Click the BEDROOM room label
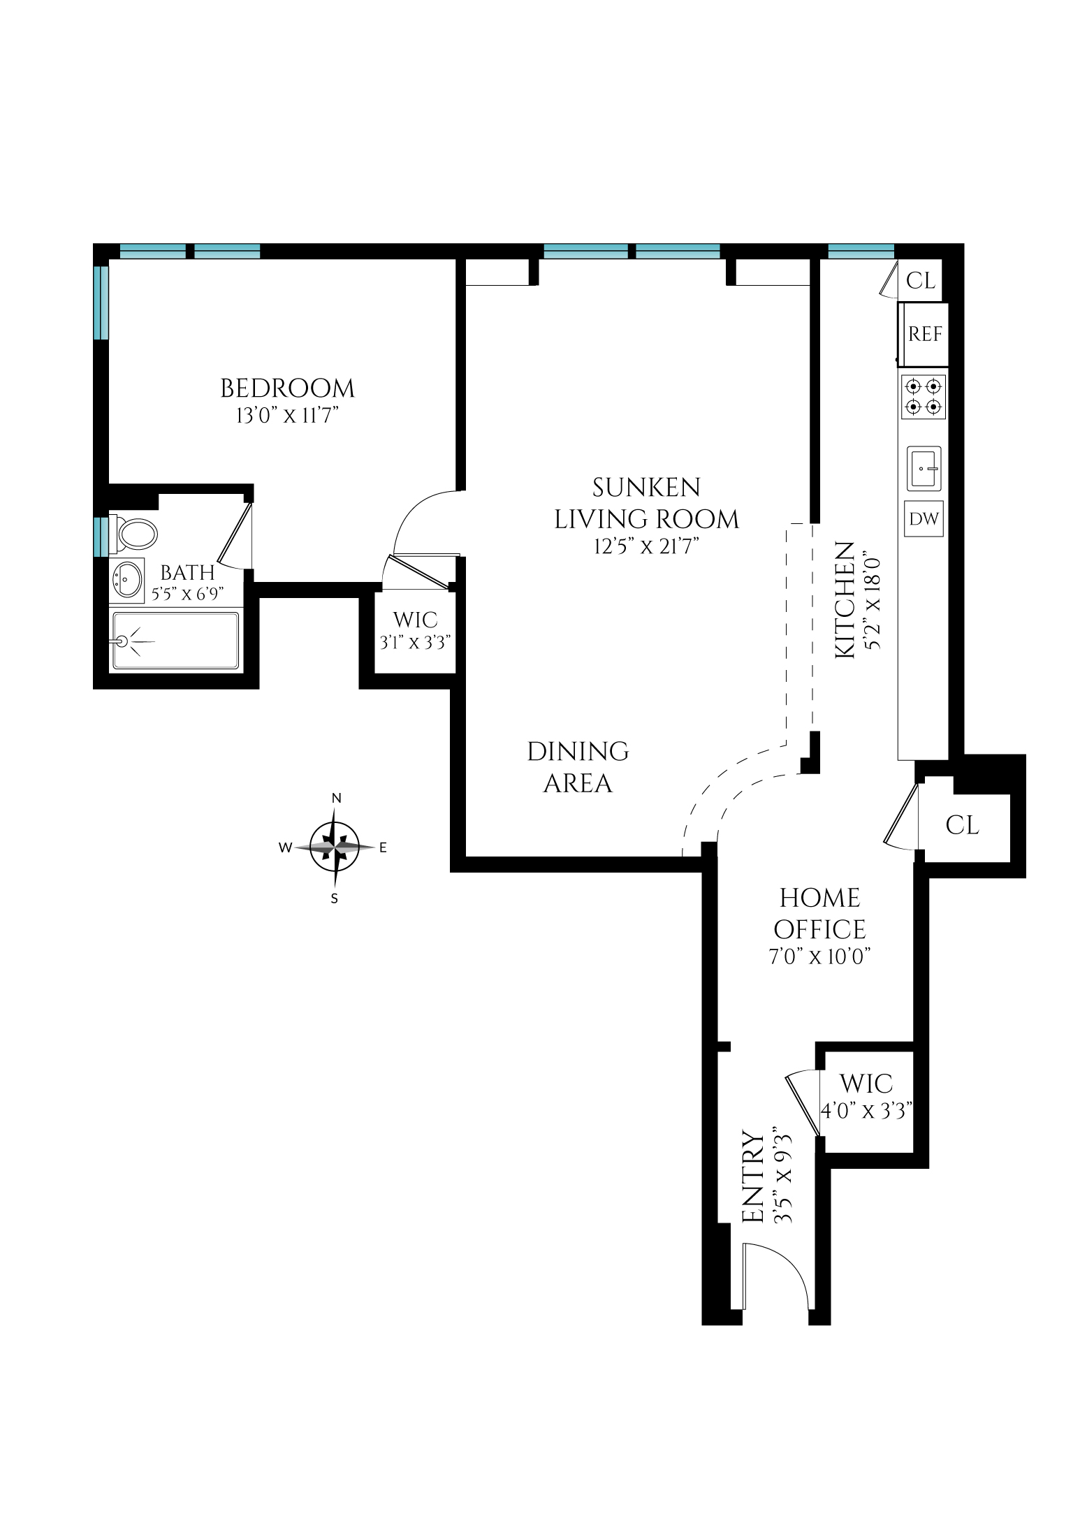click(287, 388)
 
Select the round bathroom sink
click(127, 580)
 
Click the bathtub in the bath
click(176, 640)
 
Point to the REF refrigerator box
click(924, 335)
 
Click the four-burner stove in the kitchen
click(924, 397)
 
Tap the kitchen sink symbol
click(924, 468)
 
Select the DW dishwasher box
click(924, 519)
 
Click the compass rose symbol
click(335, 847)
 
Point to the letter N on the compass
click(336, 799)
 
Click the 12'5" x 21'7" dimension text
click(646, 546)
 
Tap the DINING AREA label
click(578, 767)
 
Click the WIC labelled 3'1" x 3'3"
click(415, 630)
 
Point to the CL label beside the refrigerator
click(920, 281)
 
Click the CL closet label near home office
click(963, 825)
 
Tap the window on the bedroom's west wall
click(101, 302)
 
